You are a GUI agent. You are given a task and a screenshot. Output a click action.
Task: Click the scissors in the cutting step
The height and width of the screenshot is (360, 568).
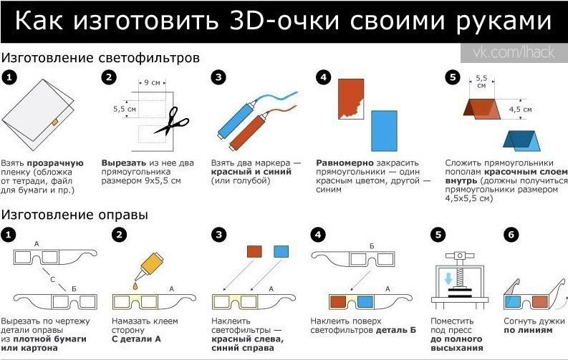tap(171, 122)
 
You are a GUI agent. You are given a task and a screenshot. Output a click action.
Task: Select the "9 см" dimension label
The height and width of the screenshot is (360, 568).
tap(152, 82)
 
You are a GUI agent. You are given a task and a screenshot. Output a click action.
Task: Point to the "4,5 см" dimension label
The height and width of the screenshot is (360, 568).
tap(520, 109)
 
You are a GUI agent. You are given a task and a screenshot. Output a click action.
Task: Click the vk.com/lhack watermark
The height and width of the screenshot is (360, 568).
tap(514, 52)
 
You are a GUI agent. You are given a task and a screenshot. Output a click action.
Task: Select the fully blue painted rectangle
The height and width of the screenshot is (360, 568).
tap(384, 130)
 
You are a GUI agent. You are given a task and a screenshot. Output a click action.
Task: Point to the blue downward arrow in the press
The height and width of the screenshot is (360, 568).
tap(449, 278)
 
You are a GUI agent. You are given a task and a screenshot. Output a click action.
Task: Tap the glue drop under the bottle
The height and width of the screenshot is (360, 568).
tap(135, 286)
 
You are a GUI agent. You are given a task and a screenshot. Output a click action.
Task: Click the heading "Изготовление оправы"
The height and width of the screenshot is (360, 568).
tap(74, 215)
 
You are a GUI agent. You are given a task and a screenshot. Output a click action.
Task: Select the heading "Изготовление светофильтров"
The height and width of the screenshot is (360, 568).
tap(100, 58)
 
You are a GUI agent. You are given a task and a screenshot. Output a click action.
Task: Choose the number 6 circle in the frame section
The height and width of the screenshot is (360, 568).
tap(511, 235)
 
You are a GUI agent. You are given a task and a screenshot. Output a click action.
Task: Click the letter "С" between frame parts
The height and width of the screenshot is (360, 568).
tap(53, 279)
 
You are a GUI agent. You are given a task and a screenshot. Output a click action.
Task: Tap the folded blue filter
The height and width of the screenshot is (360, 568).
tap(521, 140)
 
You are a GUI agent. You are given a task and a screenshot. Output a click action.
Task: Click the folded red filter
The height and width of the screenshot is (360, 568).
tap(482, 109)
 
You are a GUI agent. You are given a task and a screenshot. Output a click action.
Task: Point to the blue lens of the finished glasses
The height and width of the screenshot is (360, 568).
tap(512, 302)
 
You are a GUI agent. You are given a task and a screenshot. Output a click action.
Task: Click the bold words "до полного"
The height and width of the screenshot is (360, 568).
tap(456, 339)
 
